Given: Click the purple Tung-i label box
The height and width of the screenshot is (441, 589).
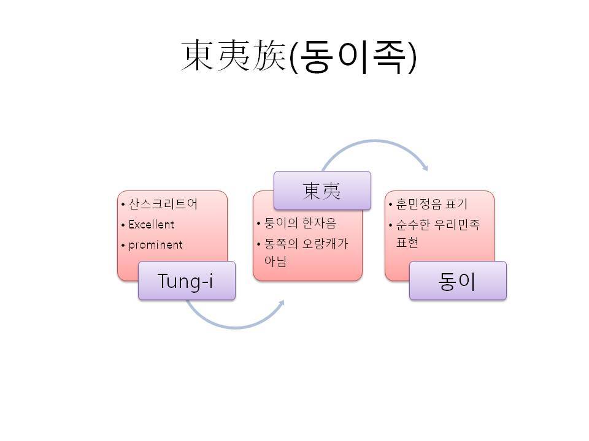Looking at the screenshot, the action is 187,281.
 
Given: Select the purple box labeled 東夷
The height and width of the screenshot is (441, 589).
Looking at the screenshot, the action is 322,190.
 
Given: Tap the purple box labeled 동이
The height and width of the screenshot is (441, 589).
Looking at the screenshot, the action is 458,281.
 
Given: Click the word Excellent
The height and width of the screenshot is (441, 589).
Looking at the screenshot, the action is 151,225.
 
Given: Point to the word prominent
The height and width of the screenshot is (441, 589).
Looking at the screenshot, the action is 155,245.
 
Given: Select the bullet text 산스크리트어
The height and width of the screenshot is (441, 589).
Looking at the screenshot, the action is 163,204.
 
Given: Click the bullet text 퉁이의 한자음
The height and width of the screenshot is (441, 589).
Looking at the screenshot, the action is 300,223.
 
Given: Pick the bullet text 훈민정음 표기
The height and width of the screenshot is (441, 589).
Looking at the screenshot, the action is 431,204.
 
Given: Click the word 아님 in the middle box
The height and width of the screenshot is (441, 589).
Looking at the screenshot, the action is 275,261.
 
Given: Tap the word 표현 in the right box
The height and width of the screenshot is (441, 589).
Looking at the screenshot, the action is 407,243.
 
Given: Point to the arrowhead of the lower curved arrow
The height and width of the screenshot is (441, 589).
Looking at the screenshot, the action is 282,303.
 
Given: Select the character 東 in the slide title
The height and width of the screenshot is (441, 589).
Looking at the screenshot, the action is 197,56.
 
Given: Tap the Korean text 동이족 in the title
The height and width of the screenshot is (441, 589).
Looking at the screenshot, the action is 353,57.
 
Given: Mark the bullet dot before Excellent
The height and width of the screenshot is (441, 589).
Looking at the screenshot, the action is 123,225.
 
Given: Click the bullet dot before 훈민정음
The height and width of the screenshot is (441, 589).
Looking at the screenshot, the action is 390,205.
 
